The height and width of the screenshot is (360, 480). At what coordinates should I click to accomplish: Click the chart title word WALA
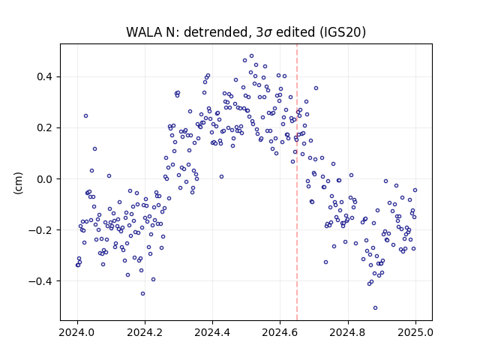point(144,32)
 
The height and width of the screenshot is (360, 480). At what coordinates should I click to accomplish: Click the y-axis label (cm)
point(18,183)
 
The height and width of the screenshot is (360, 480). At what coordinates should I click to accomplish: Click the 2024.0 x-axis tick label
point(77,332)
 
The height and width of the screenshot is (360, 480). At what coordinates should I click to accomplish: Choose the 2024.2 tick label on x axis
point(145,332)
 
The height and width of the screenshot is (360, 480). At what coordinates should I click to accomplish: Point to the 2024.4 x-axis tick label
point(212,332)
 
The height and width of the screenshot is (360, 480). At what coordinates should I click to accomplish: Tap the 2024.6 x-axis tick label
point(280,332)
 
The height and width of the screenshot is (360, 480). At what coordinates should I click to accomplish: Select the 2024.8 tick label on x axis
point(348,332)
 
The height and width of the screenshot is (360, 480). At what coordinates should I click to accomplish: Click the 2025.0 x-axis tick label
point(415,332)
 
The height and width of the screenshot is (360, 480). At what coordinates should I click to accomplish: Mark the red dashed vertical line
point(297,182)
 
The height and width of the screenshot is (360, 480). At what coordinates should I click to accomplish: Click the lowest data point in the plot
point(375,308)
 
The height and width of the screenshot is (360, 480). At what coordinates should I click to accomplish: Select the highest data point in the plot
point(252,56)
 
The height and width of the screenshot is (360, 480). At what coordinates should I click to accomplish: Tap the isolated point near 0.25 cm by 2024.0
point(86,116)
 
